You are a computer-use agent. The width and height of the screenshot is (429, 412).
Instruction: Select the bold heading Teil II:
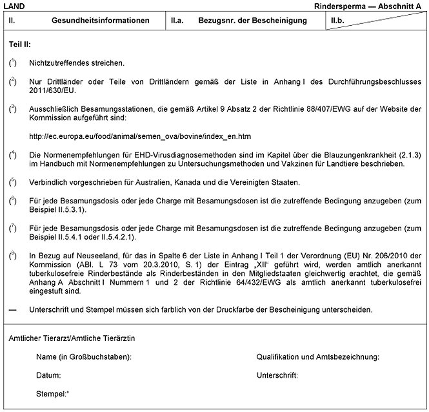coord(20,45)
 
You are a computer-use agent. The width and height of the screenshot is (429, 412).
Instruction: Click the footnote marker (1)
coord(13,63)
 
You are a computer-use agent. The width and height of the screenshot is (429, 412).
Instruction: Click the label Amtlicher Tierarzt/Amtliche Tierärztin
coord(72,338)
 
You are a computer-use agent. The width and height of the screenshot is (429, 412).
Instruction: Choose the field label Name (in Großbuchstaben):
coord(84,356)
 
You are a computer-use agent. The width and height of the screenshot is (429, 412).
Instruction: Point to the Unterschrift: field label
coord(277,375)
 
